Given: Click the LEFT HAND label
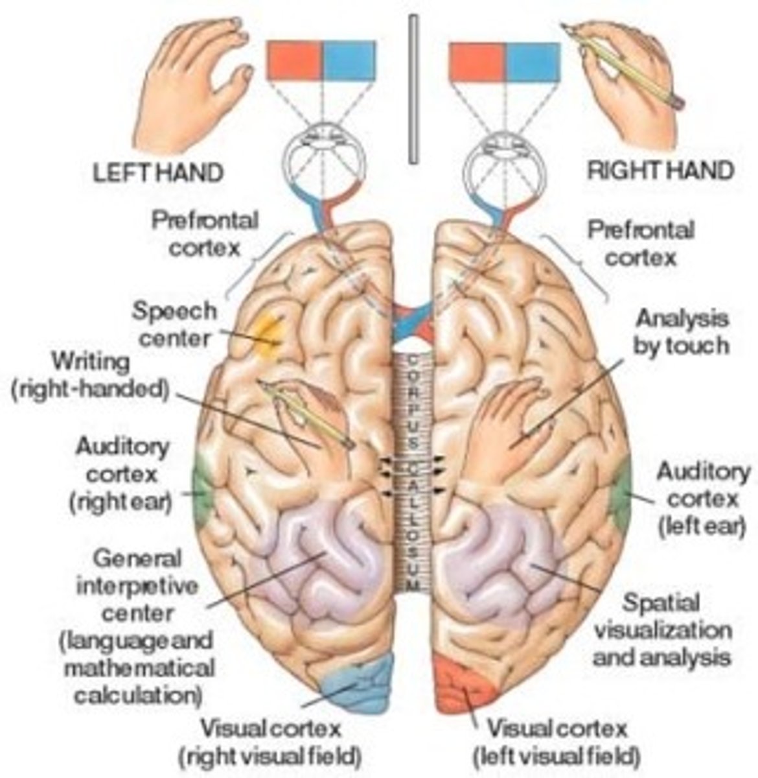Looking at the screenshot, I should pyautogui.click(x=158, y=172).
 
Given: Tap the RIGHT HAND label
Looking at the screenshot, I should pyautogui.click(x=660, y=171).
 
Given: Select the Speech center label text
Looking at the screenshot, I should pyautogui.click(x=175, y=324).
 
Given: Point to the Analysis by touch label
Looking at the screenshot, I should pyautogui.click(x=680, y=331).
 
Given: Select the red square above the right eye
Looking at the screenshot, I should pyautogui.click(x=477, y=62).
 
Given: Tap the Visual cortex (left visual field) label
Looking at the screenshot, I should pyautogui.click(x=557, y=742).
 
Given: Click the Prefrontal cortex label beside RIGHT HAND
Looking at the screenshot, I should pyautogui.click(x=640, y=243).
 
